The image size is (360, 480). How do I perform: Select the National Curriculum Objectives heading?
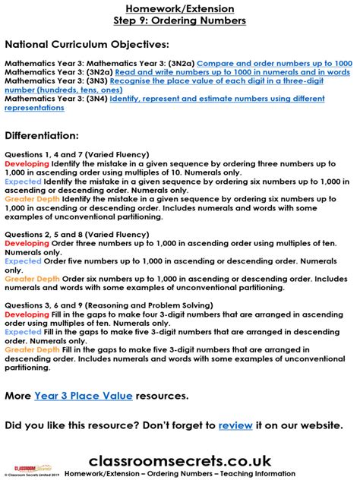point(87,45)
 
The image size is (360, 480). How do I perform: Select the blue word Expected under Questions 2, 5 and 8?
point(23,261)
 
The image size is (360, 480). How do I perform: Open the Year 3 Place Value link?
point(84,396)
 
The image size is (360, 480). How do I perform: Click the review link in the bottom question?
point(235,425)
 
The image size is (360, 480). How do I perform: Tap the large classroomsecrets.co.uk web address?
point(180,460)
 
